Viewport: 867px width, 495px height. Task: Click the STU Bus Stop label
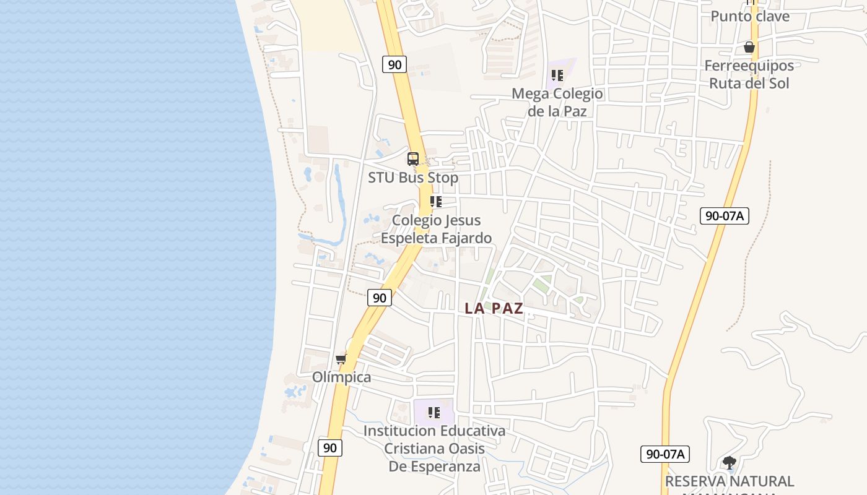413,178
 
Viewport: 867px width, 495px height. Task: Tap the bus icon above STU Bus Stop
413,159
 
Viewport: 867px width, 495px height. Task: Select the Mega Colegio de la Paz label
557,102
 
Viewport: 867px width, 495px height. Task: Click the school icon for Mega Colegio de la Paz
557,75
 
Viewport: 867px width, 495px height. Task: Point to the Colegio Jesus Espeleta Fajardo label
436,229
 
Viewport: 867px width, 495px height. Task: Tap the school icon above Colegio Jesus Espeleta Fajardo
435,202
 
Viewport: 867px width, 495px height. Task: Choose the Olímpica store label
342,377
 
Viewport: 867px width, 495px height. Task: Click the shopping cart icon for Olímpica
341,359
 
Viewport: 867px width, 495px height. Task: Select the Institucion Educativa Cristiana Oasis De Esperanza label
434,448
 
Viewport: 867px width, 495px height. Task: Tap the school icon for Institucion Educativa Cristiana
434,412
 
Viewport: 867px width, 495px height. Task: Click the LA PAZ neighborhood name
494,308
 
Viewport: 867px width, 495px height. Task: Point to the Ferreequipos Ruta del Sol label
749,74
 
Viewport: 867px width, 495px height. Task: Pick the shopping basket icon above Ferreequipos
749,47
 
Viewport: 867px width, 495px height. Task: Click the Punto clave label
750,16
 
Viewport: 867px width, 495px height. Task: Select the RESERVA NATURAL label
729,481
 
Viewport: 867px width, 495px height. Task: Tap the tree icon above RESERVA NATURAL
730,462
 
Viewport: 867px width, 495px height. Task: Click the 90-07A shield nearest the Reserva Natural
665,454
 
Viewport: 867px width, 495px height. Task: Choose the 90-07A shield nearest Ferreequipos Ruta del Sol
725,216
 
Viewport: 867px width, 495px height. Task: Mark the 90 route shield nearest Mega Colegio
394,64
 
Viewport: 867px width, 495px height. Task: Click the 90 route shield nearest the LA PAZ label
380,298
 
